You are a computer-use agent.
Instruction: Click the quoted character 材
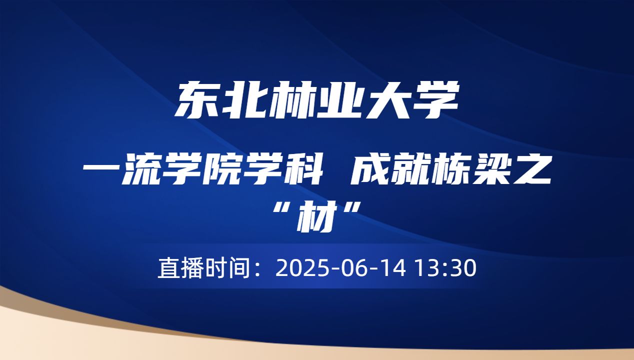tap(317, 217)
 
